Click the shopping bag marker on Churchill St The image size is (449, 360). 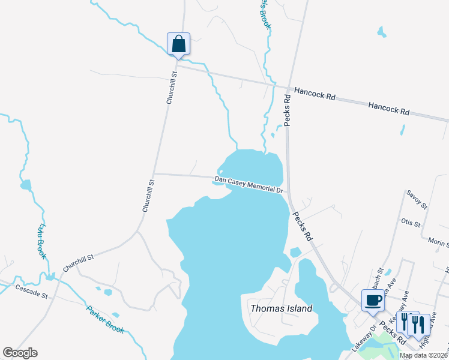tap(178, 44)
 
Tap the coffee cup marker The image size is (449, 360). tap(373, 300)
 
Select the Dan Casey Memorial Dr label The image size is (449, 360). tap(249, 184)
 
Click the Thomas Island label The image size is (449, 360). tap(281, 308)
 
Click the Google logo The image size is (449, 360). tap(20, 353)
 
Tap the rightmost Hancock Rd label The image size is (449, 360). tap(389, 109)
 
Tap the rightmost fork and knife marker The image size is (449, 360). tap(418, 324)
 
